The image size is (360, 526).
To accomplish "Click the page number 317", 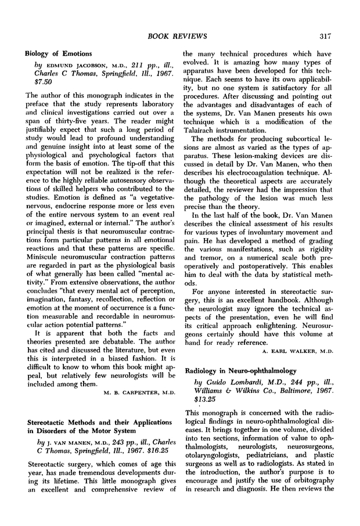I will pos(324,37).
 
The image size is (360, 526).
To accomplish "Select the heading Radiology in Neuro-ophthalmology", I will pos(240,370).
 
